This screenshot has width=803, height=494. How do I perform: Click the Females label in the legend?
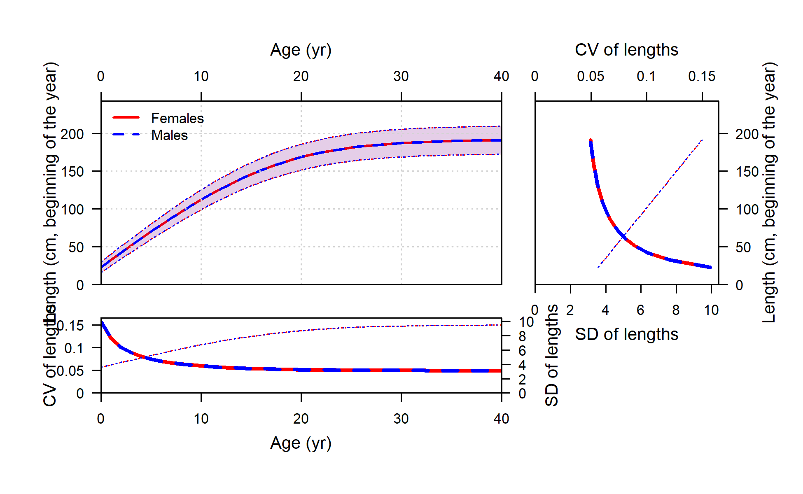(x=177, y=119)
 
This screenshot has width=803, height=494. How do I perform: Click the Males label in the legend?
(x=169, y=135)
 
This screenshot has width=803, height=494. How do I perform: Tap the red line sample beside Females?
(x=126, y=118)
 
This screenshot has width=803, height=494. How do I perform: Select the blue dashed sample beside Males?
(x=126, y=135)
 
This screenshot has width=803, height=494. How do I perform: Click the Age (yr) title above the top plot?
(x=301, y=50)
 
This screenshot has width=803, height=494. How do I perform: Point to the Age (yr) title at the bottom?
(x=301, y=443)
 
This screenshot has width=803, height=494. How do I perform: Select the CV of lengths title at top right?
(x=626, y=50)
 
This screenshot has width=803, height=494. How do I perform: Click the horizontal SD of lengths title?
(x=626, y=335)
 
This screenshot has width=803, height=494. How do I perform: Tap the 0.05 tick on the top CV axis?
(x=591, y=77)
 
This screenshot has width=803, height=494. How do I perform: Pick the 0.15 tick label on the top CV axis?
(x=702, y=77)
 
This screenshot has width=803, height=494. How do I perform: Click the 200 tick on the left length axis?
(x=72, y=134)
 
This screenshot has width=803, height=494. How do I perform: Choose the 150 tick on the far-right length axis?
(x=747, y=172)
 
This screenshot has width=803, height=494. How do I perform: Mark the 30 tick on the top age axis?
(x=401, y=77)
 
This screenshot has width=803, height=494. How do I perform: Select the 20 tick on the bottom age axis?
(x=301, y=419)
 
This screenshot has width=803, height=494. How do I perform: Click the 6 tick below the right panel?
(x=640, y=310)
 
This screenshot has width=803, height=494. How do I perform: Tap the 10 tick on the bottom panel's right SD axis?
(x=526, y=322)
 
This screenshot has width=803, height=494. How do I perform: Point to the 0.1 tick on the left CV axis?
(x=74, y=349)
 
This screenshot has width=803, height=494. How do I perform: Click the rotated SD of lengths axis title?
(x=552, y=356)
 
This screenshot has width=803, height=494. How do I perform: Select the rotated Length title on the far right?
(x=769, y=192)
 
